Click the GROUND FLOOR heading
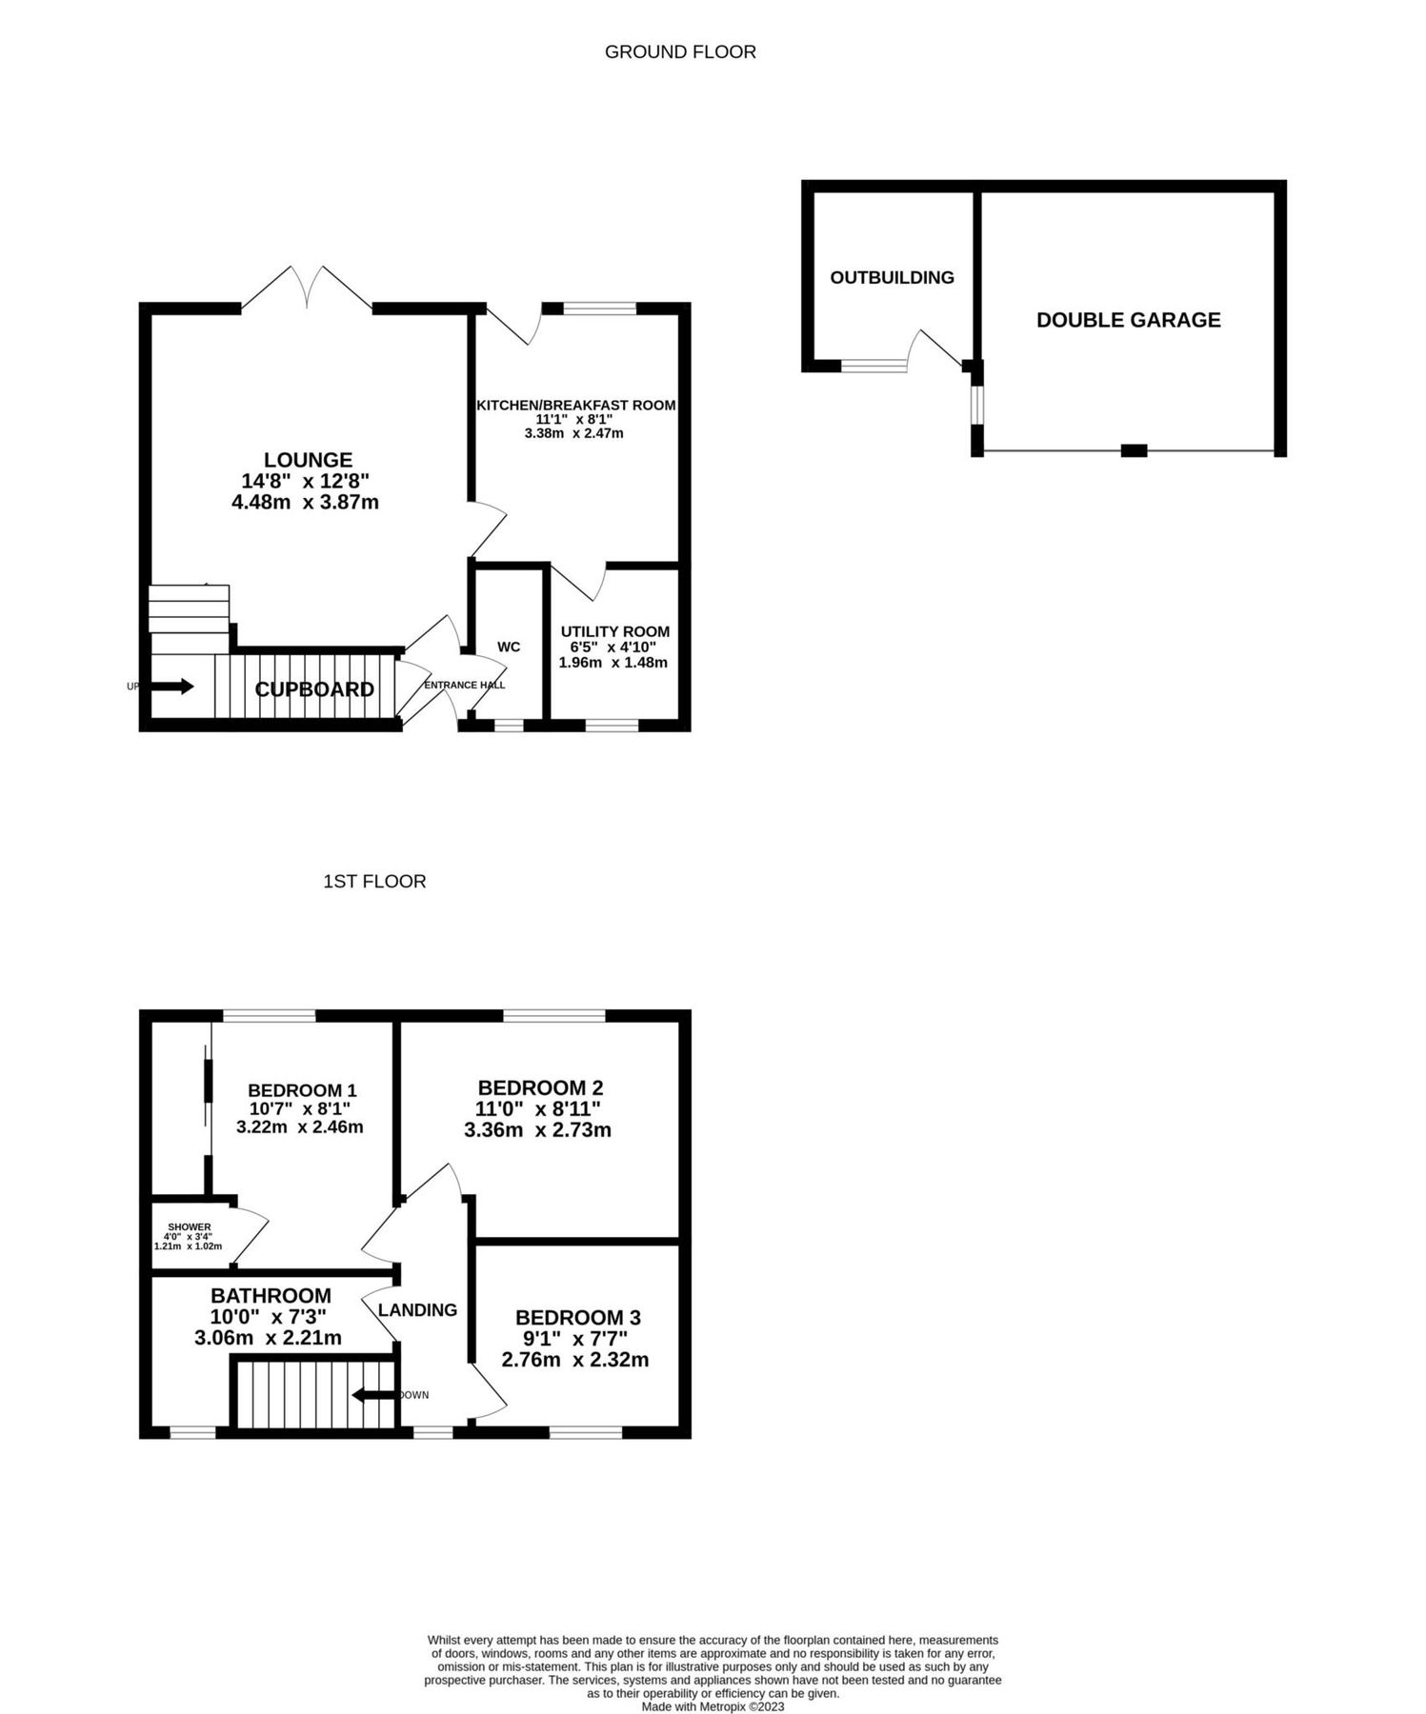pos(680,52)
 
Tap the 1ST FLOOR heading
pos(374,882)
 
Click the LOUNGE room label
pos(308,461)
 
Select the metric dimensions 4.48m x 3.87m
pos(305,502)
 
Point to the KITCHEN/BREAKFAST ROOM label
pos(575,406)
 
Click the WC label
pos(509,648)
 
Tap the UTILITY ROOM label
pos(614,631)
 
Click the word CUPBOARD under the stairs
pos(314,689)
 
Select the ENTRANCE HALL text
pos(464,686)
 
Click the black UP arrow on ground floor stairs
pos(173,686)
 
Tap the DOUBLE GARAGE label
pos(1128,320)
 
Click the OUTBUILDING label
pos(892,278)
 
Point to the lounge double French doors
pos(307,286)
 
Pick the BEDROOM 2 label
pos(540,1087)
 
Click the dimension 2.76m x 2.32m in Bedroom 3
pos(575,1360)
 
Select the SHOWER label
pos(189,1227)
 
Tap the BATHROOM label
pos(271,1296)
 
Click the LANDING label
pos(417,1310)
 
